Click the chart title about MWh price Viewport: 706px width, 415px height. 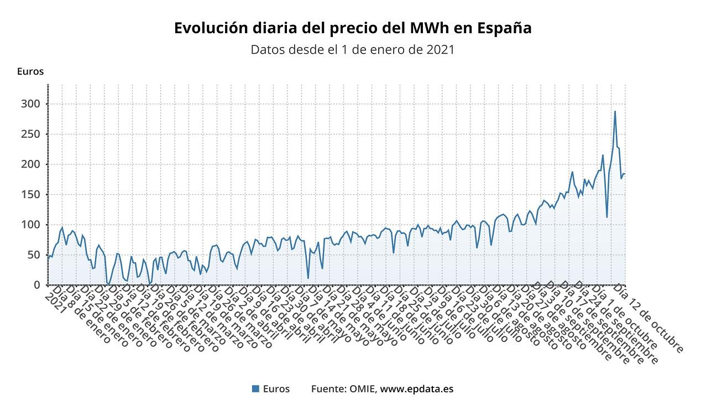point(353,28)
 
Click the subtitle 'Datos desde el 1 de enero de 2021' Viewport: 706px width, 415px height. point(353,50)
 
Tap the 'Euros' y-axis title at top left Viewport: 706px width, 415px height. point(30,71)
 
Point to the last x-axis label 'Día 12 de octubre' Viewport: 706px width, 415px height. point(650,318)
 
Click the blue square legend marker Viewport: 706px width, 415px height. point(255,389)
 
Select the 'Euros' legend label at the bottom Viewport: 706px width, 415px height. point(276,389)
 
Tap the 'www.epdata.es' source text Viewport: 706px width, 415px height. point(417,389)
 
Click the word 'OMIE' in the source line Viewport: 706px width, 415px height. point(363,389)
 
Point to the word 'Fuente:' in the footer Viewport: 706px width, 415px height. point(329,389)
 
